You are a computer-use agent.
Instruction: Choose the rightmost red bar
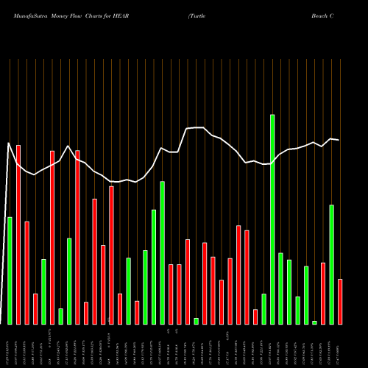coord(340,302)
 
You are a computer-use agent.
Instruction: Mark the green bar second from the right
coord(331,264)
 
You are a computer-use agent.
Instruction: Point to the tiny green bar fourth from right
coord(314,322)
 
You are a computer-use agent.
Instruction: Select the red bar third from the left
coord(26,272)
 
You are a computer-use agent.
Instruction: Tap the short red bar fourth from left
coord(35,308)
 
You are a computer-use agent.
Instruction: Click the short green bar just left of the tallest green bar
coord(263,308)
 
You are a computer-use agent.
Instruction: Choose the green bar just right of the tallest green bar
coord(280,288)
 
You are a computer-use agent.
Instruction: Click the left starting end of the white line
coord(7,143)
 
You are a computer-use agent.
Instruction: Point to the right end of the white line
coord(339,140)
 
